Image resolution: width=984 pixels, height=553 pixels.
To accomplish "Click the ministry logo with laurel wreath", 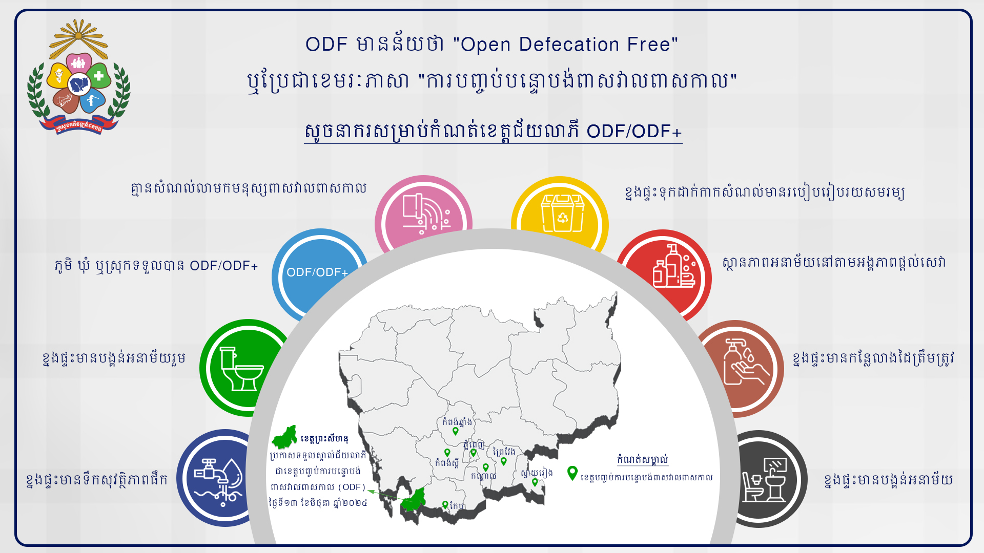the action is (78, 77).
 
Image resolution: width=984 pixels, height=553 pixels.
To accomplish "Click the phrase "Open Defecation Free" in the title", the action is (565, 45).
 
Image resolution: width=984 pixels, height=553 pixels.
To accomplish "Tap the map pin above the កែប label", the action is (445, 505).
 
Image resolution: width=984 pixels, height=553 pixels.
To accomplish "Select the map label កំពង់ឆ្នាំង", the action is (457, 422).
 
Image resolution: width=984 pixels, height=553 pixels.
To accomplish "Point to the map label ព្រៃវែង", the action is (504, 451).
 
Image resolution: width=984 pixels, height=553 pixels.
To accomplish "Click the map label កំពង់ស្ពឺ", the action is (447, 463).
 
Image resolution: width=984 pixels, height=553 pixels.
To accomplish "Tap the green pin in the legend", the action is (572, 473).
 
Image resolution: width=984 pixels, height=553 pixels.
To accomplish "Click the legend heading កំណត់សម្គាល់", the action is (643, 459).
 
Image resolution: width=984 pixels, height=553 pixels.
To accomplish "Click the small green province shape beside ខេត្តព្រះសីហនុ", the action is (284, 437).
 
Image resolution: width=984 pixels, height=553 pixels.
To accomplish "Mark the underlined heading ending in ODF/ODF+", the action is (493, 131).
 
